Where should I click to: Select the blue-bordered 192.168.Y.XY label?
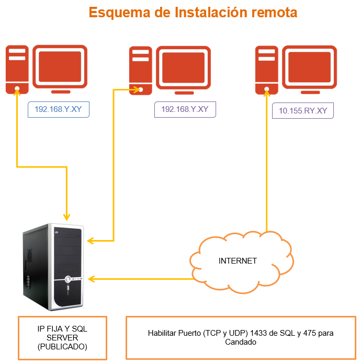coord(59,109)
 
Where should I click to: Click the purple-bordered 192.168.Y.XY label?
coord(185,109)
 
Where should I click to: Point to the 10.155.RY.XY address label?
coord(303,111)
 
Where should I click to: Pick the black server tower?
coord(53,267)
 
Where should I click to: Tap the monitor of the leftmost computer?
coord(60,66)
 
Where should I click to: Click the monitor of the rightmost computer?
coord(309,67)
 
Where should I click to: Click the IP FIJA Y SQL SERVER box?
coord(62,338)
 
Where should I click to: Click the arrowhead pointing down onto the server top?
coord(66,215)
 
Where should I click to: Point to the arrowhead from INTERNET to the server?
coord(91,278)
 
